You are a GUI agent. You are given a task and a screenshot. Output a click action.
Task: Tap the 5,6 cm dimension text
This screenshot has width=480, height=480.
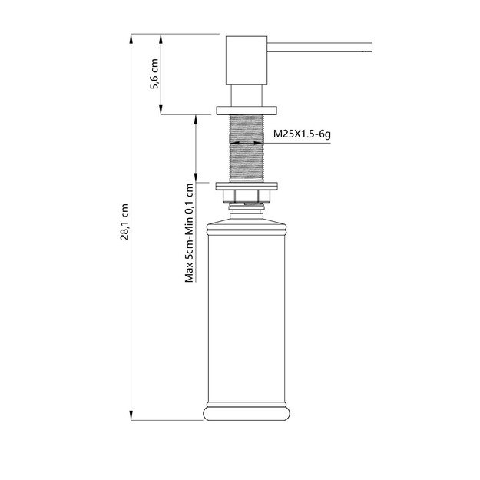tap(154, 74)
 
